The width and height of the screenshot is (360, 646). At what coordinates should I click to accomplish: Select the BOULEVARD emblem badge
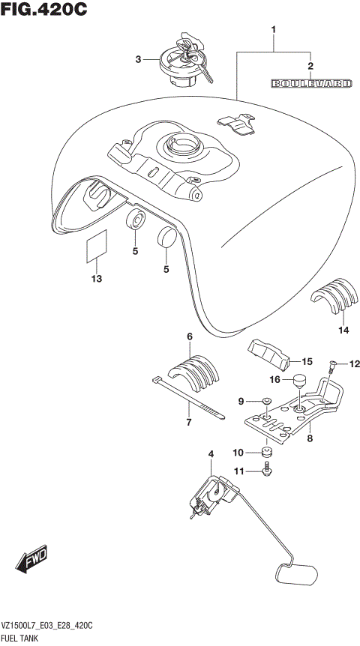[x=310, y=84]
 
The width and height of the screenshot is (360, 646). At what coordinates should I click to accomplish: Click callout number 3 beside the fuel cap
[x=137, y=59]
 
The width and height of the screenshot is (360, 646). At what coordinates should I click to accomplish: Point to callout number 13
[x=96, y=280]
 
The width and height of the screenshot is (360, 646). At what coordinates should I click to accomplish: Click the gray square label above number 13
[x=95, y=248]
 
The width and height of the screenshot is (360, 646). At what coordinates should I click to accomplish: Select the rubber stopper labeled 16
[x=301, y=383]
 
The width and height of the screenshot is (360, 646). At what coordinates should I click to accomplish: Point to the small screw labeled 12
[x=331, y=368]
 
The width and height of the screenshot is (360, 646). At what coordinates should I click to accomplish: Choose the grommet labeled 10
[x=265, y=452]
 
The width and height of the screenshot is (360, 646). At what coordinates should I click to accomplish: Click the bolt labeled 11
[x=266, y=470]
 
